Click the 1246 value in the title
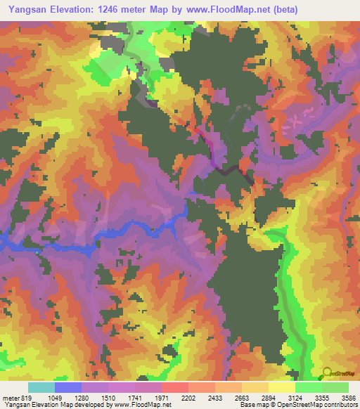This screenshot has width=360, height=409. coord(115,10)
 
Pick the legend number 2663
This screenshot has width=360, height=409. coord(252,397)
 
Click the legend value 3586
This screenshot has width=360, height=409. coord(349,397)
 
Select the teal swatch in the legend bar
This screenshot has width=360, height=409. coord(41,387)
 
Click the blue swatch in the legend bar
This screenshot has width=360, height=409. coord(68,387)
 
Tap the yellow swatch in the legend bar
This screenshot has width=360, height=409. coord(281,387)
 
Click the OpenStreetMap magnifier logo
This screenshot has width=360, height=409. coord(328,372)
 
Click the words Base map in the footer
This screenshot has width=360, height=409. coord(252,405)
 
